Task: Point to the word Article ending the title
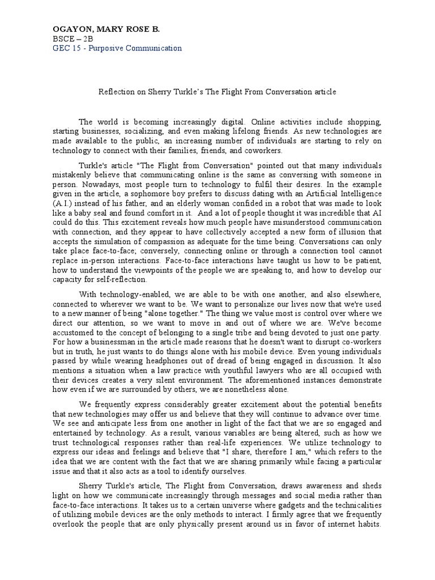(x=324, y=91)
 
